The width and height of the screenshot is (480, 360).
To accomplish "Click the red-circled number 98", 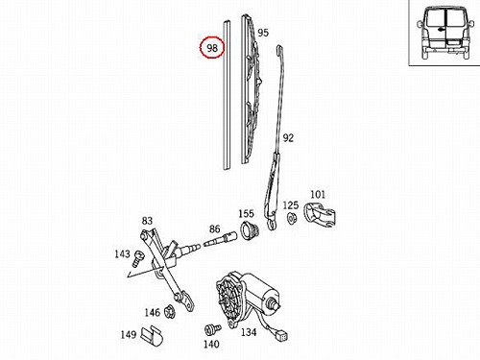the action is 212,48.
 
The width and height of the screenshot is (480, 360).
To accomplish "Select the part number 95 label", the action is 263,33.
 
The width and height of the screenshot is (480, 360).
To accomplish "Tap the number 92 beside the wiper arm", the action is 288,138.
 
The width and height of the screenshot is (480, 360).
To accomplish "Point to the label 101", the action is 318,194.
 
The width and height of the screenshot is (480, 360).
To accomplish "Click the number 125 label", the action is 291,205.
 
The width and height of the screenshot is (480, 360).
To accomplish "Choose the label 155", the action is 246,213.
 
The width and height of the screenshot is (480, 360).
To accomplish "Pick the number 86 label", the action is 214,228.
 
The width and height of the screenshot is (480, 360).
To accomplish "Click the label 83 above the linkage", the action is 147,221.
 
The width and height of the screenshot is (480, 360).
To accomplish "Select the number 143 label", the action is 123,254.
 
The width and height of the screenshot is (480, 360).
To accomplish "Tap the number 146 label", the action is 152,312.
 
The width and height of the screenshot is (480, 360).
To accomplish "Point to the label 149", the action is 129,335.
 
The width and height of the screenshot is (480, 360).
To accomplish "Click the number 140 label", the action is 211,345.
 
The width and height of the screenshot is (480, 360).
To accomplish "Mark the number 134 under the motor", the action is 249,332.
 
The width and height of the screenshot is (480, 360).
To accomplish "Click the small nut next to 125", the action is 292,218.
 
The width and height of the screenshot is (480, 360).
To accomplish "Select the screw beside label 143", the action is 138,258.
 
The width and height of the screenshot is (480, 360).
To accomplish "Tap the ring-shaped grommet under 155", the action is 250,230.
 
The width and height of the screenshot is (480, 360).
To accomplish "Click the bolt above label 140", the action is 212,329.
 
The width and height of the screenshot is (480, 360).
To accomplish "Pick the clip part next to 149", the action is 153,336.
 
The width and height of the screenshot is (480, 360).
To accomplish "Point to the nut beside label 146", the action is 169,312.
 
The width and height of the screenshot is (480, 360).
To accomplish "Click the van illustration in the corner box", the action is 445,34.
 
